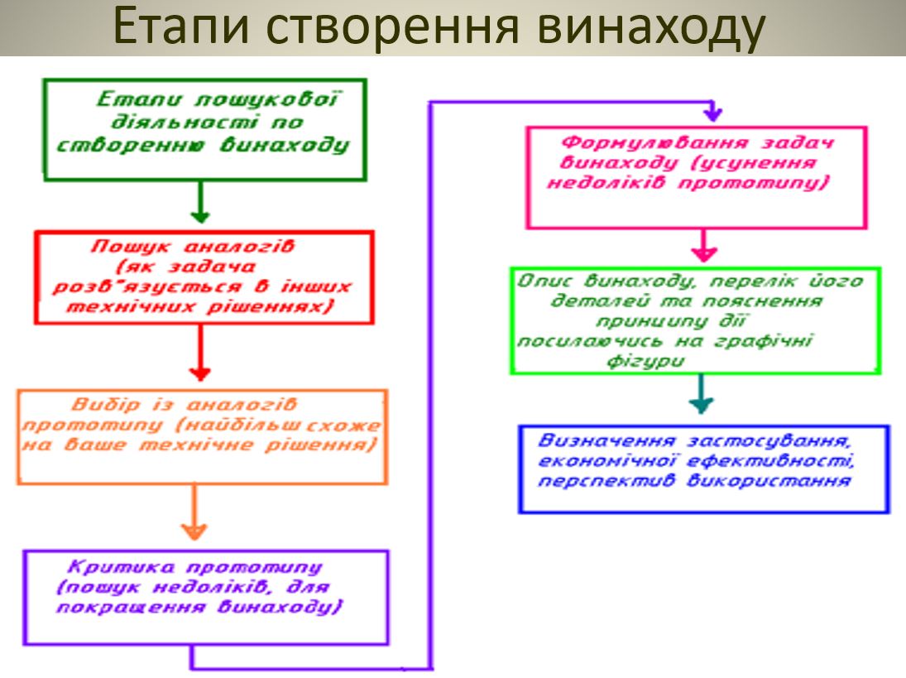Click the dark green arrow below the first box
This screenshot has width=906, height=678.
point(200,202)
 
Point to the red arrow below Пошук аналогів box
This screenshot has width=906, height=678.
point(200,352)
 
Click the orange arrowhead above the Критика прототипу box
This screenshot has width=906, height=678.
point(194,531)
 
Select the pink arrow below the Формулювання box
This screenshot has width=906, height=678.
point(704,246)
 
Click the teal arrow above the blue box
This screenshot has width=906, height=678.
point(702,393)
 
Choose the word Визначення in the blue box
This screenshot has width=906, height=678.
point(606,441)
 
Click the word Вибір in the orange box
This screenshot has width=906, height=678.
point(106,404)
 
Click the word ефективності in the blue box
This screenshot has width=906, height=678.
point(770,461)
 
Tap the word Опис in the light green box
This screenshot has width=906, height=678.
point(546,281)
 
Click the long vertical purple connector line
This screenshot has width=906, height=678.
point(430,386)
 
